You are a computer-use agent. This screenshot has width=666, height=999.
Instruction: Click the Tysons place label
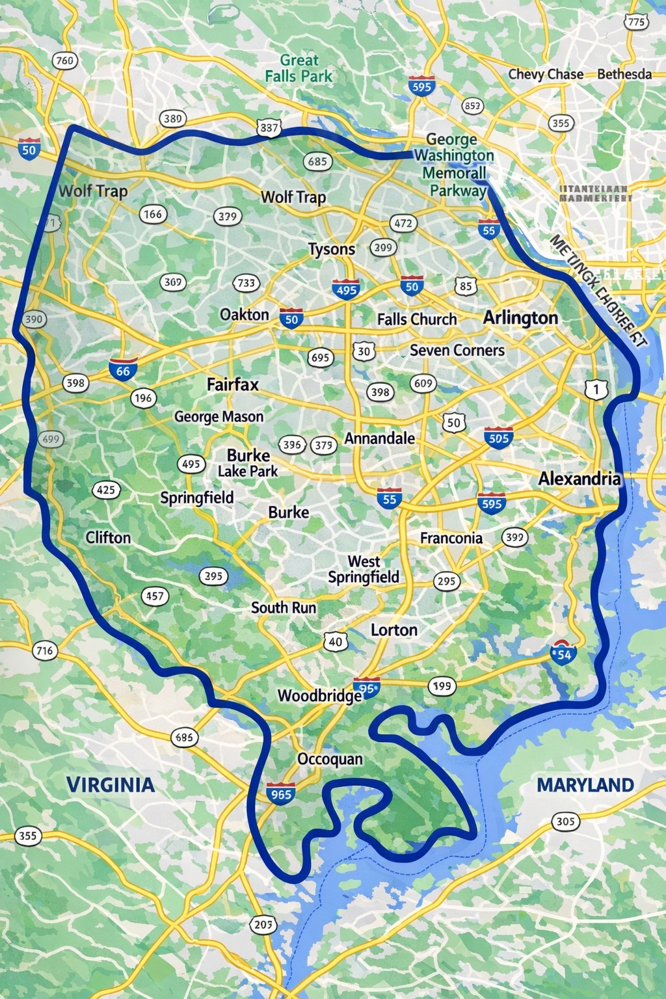[332, 249]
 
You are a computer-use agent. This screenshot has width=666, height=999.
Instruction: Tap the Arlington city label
[520, 317]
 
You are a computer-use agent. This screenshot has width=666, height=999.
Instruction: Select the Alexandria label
[579, 479]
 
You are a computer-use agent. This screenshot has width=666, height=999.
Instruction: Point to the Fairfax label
[233, 384]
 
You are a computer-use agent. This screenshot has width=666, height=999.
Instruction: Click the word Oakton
[245, 315]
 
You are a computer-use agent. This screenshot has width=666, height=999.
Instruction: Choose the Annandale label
[379, 438]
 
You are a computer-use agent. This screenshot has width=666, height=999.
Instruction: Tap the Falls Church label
[417, 319]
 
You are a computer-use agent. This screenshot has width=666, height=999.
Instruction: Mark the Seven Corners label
[457, 351]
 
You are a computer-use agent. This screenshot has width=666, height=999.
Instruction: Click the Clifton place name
[108, 538]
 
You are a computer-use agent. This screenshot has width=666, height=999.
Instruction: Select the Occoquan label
[330, 759]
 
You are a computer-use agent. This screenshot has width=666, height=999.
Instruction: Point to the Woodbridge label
[319, 696]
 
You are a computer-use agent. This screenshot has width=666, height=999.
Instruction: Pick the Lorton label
[394, 630]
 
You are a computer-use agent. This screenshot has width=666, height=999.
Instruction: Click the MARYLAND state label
[585, 785]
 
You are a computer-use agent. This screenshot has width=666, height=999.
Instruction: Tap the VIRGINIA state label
[111, 785]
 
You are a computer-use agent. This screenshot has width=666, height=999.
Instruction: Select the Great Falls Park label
[299, 68]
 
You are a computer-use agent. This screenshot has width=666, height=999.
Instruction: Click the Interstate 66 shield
[123, 369]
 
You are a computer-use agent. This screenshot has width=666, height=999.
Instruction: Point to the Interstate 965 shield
[281, 793]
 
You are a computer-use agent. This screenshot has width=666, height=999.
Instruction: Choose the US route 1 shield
[596, 390]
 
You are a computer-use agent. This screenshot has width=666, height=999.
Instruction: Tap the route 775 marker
[635, 22]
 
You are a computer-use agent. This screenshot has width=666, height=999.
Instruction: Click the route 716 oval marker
[44, 650]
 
